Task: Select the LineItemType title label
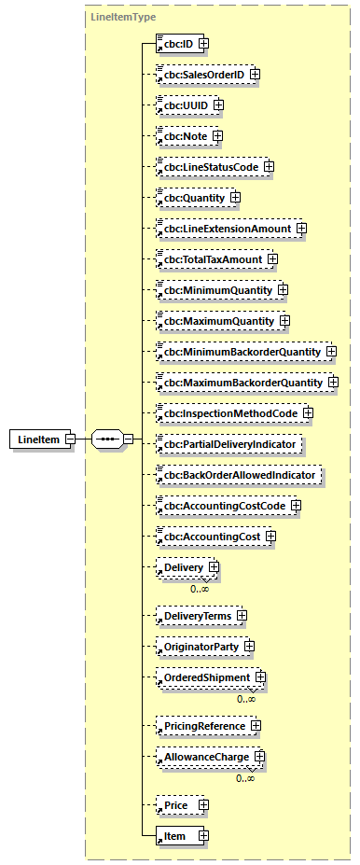point(123,17)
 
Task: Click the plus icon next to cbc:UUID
point(218,105)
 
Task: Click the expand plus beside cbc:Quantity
point(235,198)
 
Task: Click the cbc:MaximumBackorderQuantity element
point(238,383)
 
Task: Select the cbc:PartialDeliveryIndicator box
point(228,444)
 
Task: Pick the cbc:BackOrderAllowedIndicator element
point(238,475)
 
